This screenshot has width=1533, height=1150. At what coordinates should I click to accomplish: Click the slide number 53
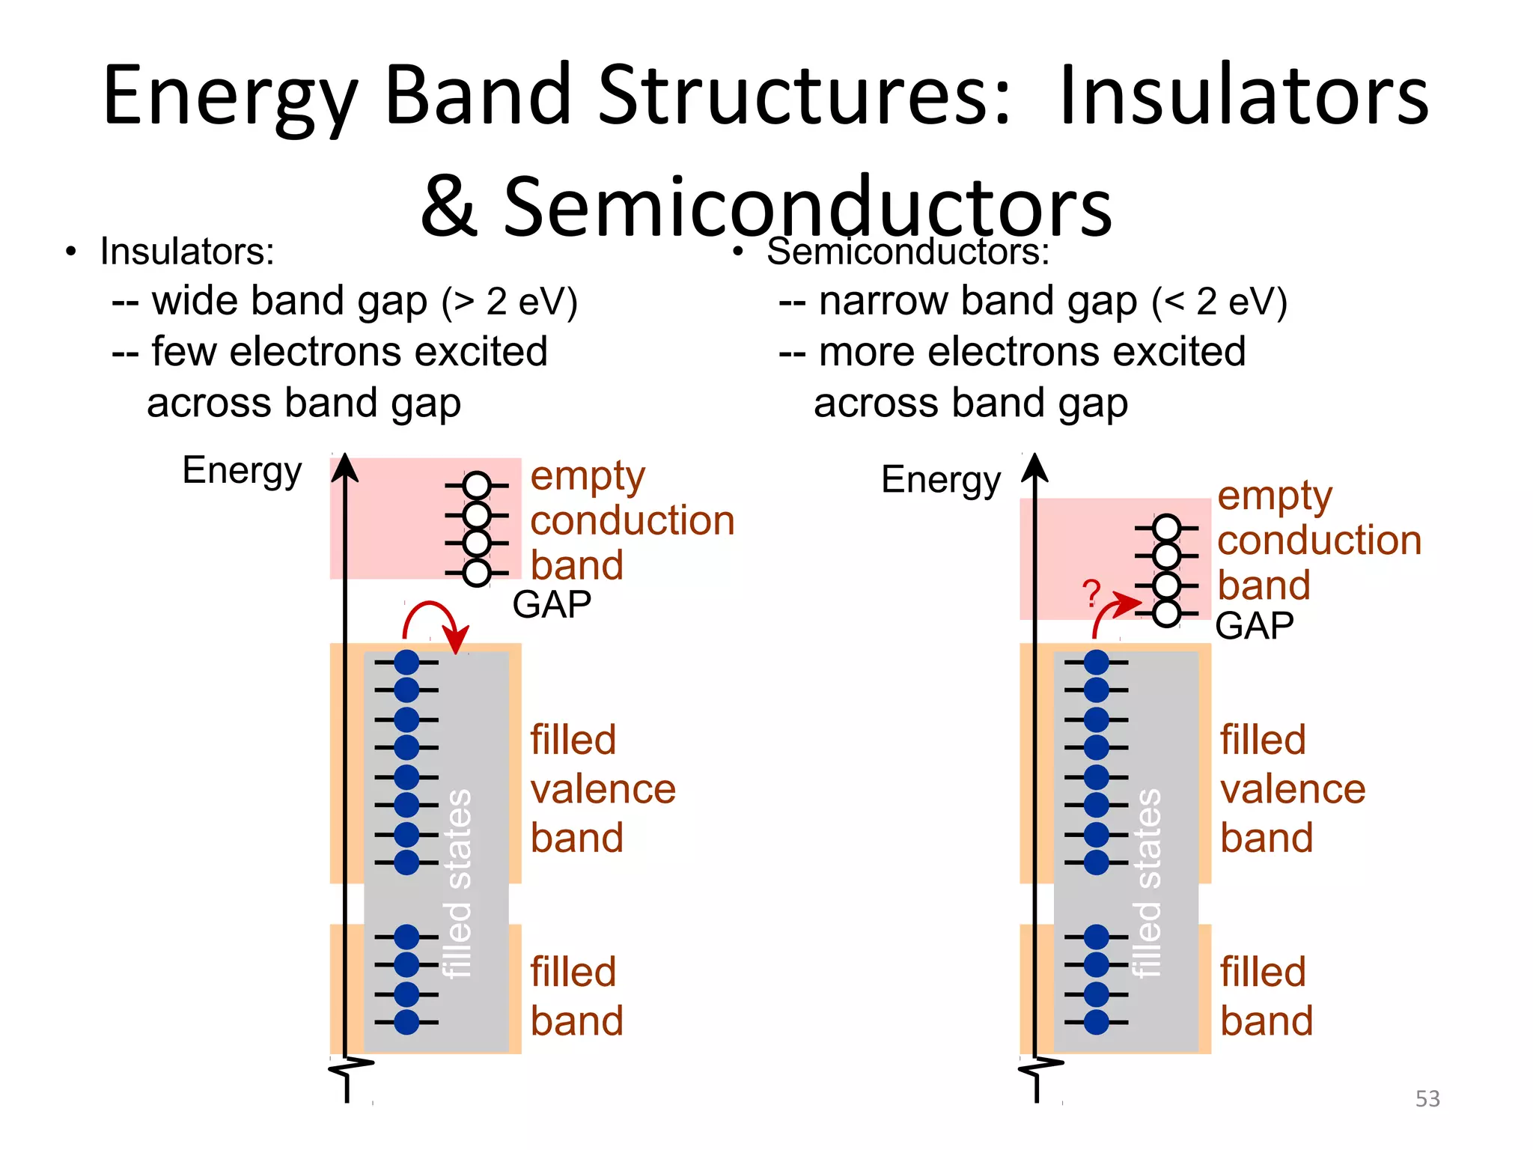(x=1427, y=1098)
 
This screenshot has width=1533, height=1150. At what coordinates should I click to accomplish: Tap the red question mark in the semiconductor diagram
(x=1092, y=594)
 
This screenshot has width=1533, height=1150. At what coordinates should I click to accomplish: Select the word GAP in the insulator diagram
(x=552, y=604)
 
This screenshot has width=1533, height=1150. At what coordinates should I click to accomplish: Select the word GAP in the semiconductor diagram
(x=1255, y=626)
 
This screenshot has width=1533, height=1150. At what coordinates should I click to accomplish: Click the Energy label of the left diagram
(x=242, y=471)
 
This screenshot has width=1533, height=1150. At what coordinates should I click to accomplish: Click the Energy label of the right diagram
(x=941, y=480)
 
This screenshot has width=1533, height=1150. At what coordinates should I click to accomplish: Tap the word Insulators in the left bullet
(x=186, y=252)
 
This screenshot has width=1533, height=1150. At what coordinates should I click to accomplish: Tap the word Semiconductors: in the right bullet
(x=908, y=252)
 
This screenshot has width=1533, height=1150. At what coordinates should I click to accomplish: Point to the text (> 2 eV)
(x=510, y=302)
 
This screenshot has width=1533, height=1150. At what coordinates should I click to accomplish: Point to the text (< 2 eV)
(x=1220, y=302)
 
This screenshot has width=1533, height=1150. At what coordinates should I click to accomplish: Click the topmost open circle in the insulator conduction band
(x=477, y=485)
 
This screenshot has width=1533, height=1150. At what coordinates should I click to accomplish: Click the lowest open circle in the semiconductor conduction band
(x=1166, y=614)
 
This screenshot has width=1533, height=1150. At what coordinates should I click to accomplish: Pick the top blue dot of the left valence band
(x=406, y=662)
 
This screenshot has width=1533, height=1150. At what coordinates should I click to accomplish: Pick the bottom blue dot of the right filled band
(x=1096, y=1022)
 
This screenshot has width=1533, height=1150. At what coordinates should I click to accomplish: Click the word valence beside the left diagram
(x=603, y=789)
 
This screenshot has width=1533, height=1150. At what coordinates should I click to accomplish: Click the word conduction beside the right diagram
(x=1319, y=540)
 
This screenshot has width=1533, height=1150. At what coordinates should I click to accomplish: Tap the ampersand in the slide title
(x=449, y=207)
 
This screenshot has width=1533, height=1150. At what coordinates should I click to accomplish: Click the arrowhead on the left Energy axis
(x=345, y=467)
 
